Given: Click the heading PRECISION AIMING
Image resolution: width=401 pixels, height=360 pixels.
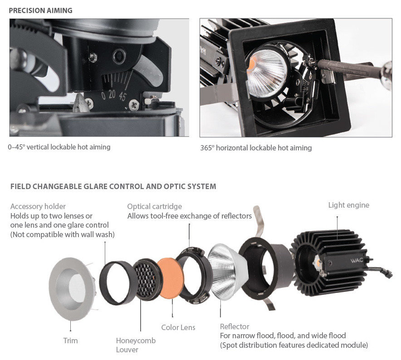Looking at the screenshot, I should click(x=41, y=10).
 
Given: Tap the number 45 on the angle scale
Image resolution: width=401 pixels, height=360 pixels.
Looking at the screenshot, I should click(x=122, y=96).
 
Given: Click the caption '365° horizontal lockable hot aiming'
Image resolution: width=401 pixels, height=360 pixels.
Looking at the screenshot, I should click(x=256, y=148).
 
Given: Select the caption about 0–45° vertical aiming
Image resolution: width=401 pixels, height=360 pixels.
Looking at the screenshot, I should click(x=59, y=147).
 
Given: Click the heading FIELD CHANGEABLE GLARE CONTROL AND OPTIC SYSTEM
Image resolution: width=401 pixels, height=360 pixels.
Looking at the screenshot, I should click(x=113, y=186).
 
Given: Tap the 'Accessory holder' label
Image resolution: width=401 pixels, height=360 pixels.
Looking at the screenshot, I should click(x=38, y=206).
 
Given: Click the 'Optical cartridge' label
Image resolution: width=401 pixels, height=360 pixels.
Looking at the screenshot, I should click(x=154, y=206).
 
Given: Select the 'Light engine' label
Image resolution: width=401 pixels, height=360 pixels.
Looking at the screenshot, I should click(x=348, y=205).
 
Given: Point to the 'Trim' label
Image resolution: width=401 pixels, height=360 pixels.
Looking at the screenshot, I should click(x=70, y=341).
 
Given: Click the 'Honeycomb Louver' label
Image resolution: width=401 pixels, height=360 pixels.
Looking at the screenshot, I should click(x=136, y=345).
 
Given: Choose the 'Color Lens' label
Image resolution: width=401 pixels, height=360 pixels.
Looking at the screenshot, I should click(x=178, y=327).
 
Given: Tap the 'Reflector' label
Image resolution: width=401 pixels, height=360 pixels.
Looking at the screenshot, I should click(x=235, y=326).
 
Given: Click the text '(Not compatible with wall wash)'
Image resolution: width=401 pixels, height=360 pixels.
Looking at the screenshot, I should click(x=62, y=234).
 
